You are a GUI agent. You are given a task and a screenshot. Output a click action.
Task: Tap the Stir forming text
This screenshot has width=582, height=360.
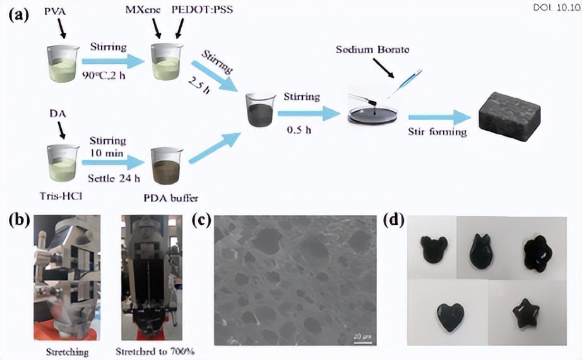point(437,132)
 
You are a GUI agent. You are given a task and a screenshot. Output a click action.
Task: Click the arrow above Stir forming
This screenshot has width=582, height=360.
point(439,117)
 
